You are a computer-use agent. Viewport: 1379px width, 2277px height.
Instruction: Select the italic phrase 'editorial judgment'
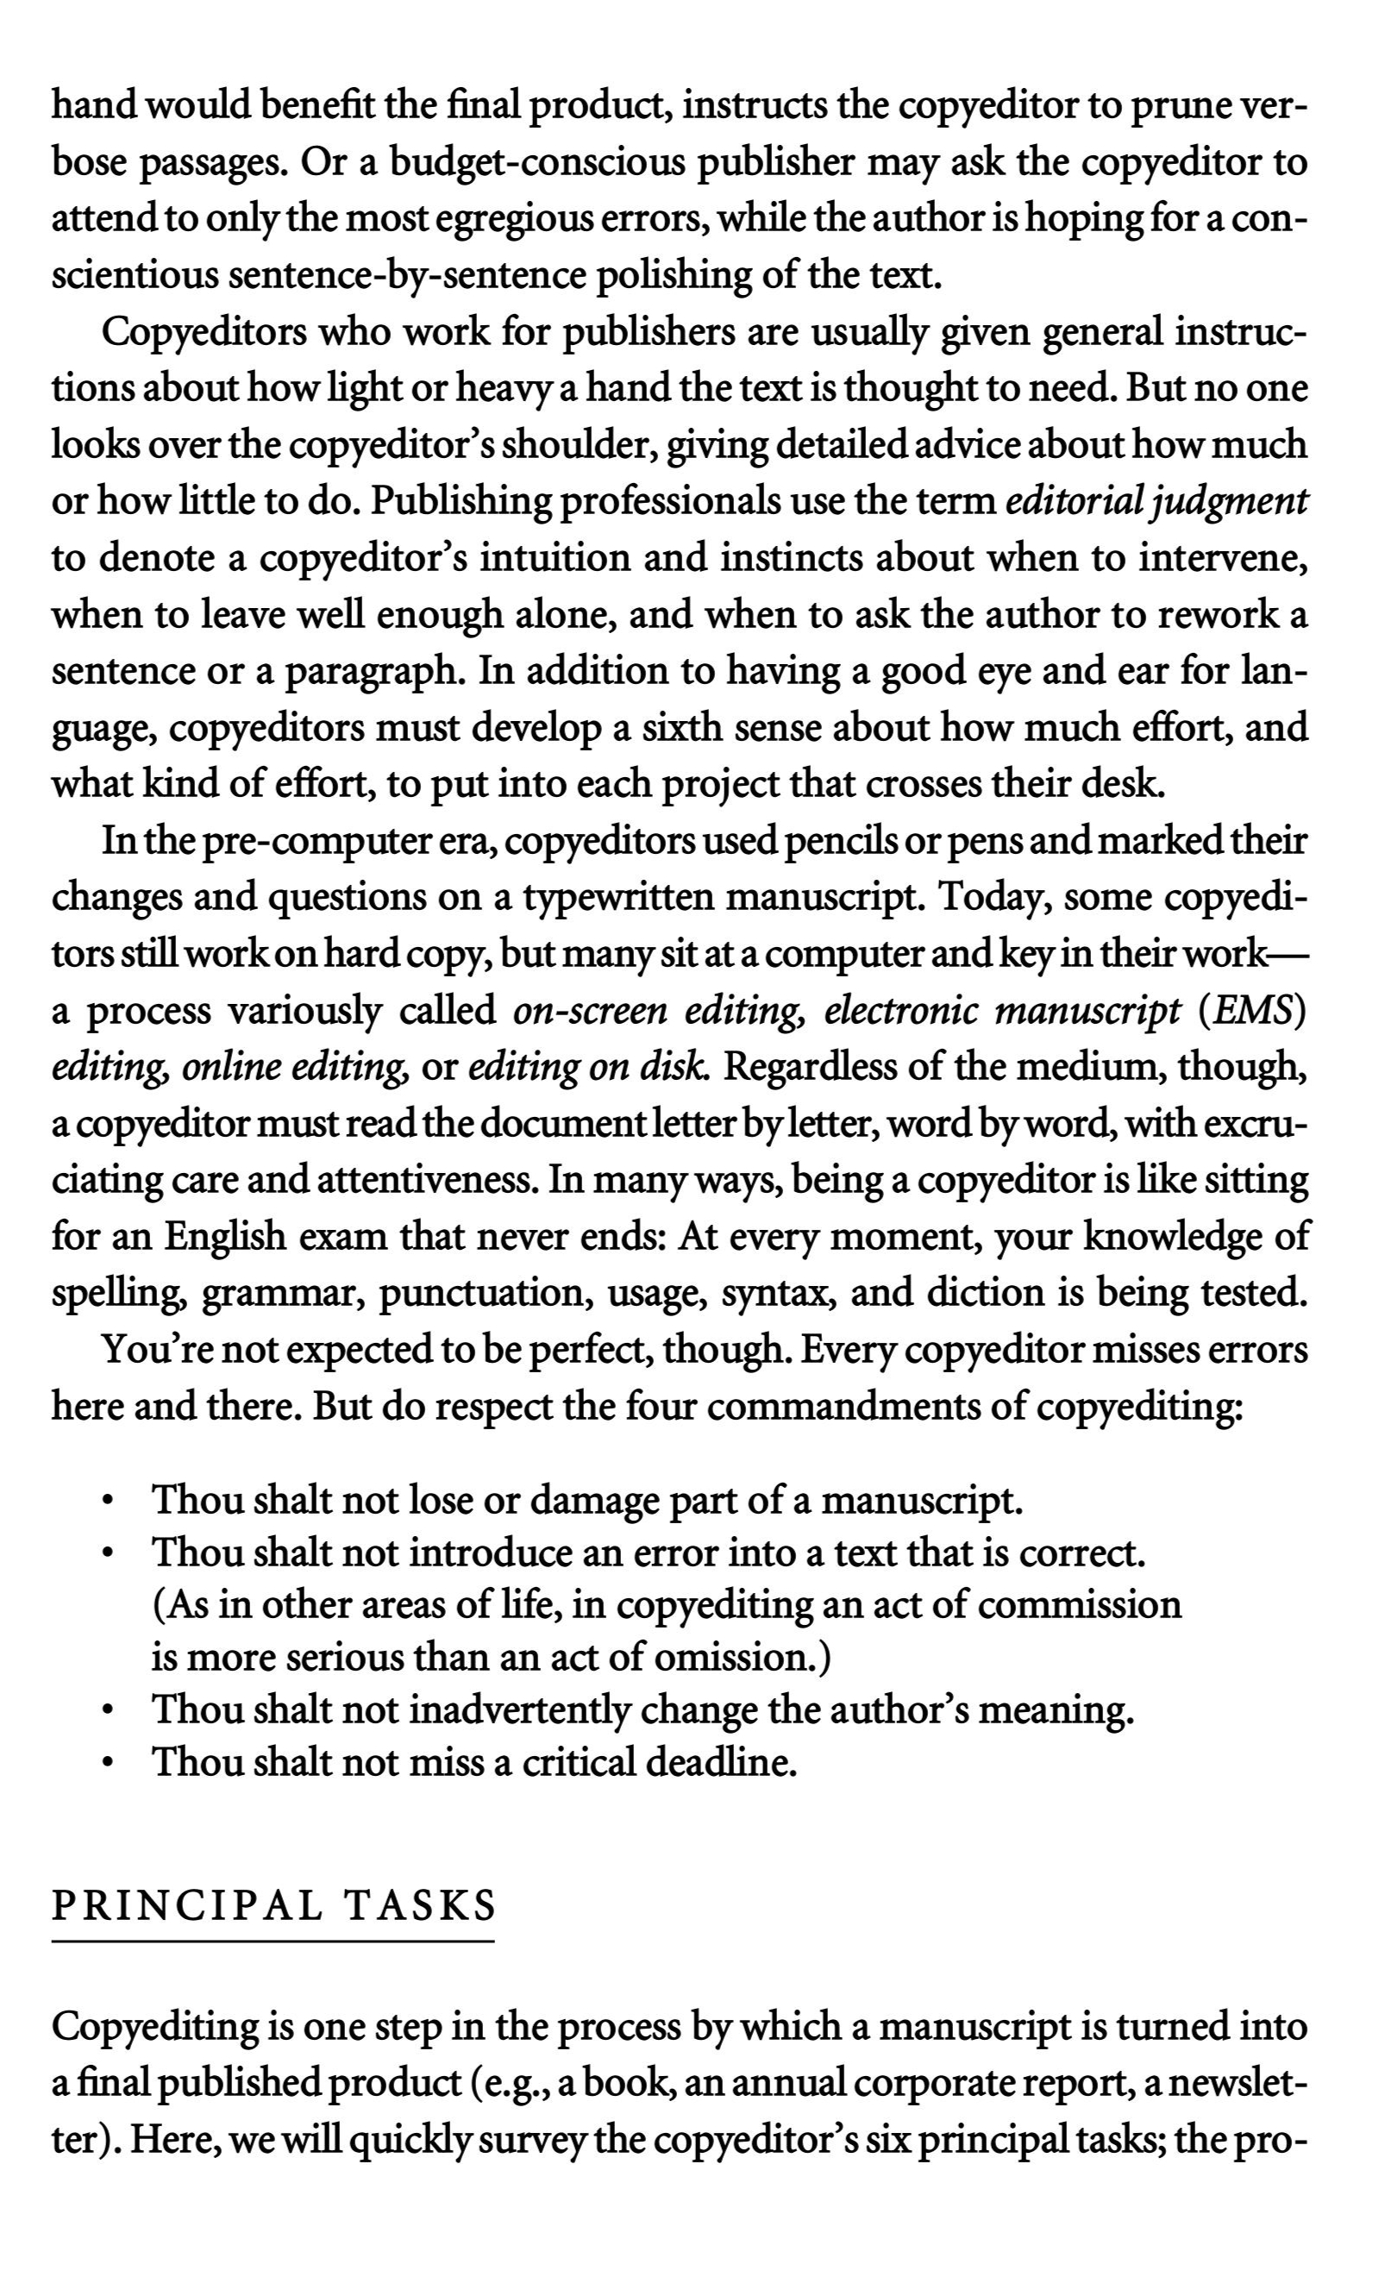point(1156,502)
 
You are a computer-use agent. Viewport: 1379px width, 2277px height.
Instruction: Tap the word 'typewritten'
point(618,897)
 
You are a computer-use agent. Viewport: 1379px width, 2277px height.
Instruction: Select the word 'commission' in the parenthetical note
point(1079,1605)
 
